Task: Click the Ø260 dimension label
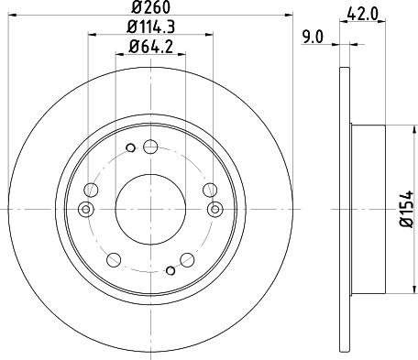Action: (x=150, y=7)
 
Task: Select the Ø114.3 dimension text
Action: (x=150, y=27)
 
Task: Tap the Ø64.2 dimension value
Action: (x=151, y=47)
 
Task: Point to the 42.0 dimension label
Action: (x=363, y=14)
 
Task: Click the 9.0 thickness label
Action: (x=313, y=38)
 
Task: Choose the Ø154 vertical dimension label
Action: (x=407, y=209)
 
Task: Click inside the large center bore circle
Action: (x=150, y=209)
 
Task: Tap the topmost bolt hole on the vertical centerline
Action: (x=150, y=147)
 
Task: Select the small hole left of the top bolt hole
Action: (x=130, y=147)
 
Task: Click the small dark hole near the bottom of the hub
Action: (x=170, y=270)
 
